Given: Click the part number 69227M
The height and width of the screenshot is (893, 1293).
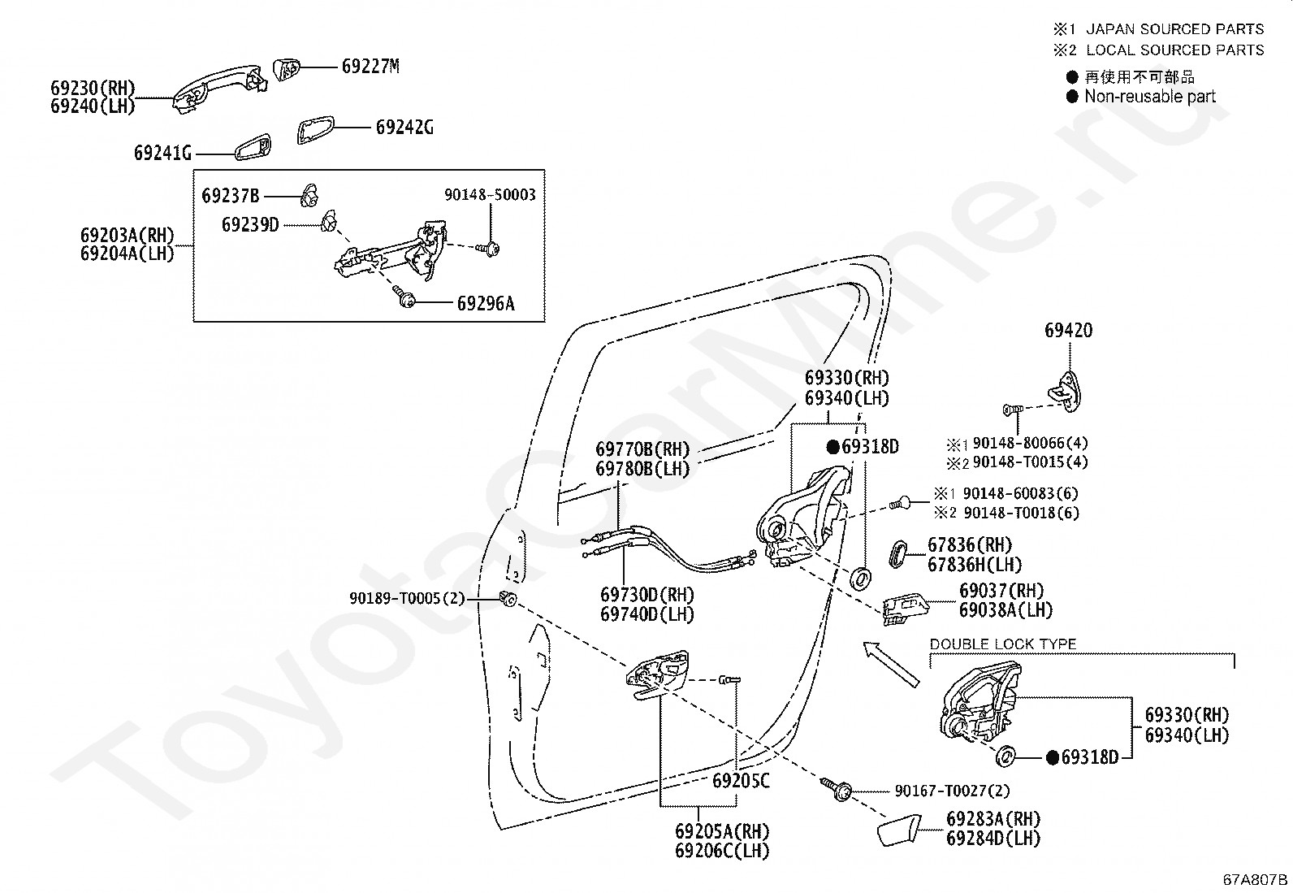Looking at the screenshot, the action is pos(370,67).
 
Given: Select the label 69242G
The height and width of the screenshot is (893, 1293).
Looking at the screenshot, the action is pos(404,127).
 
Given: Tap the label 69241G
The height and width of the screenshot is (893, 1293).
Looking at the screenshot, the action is pos(162,153).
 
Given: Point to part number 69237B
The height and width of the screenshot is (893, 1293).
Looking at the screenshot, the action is pos(231,196).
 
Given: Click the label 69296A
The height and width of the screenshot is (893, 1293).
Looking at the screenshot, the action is pos(486,303).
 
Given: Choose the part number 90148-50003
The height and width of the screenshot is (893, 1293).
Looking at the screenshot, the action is pos(490,195).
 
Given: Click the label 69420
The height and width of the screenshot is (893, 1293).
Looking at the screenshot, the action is pos(1069,331).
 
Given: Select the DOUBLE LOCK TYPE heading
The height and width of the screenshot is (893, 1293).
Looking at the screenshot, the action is pos(1003,644).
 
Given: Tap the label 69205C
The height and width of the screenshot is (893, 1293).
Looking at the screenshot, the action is pos(742,781).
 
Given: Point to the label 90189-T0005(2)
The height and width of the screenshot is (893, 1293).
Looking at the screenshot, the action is pos(407,598).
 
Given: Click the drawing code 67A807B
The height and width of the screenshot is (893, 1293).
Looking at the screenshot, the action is pos(1255,880).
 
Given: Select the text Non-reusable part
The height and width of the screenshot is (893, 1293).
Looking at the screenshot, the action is pos(1150,97).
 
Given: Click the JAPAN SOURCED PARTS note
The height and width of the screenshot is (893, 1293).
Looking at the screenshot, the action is pos(1174,29).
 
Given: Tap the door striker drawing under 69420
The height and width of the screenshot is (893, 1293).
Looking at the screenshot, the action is pos(1066,391).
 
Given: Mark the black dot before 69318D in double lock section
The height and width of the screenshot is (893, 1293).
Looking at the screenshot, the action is pos(1053,758).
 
